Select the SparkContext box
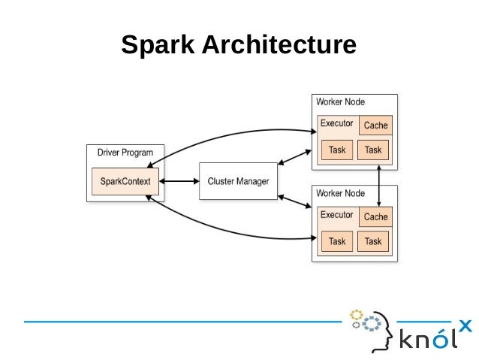(x=125, y=182)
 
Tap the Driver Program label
(x=125, y=153)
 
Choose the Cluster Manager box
(x=238, y=182)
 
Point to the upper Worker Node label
(x=340, y=101)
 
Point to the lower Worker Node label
(x=340, y=193)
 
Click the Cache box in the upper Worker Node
(x=375, y=126)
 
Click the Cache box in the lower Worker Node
(x=375, y=217)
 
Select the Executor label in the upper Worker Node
(x=336, y=123)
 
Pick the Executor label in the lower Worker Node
(x=336, y=215)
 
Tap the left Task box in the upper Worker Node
(x=337, y=150)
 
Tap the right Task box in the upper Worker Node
(x=373, y=150)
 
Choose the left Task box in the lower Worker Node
(x=337, y=241)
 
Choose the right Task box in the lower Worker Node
(x=373, y=241)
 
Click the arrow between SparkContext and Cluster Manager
(x=179, y=182)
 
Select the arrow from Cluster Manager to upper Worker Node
(x=295, y=156)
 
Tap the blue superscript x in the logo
(x=465, y=325)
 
